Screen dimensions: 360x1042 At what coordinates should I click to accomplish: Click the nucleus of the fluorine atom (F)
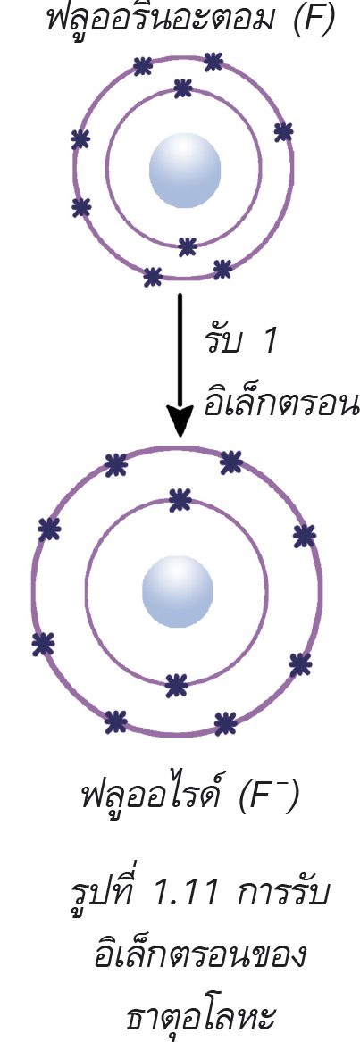(184, 170)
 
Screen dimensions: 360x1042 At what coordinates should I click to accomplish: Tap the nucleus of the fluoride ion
(178, 591)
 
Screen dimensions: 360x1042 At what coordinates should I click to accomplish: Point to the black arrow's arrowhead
(180, 422)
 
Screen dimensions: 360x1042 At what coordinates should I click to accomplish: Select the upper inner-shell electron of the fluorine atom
(182, 88)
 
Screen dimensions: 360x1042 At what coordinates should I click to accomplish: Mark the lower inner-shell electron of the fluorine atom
(188, 246)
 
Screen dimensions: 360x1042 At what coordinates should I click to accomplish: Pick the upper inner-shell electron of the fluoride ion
(180, 500)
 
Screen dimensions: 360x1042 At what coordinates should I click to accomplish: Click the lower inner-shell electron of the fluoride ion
(176, 685)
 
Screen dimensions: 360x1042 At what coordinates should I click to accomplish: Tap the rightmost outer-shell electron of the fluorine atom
(283, 131)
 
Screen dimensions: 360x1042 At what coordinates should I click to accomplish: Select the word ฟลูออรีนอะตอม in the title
(156, 19)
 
